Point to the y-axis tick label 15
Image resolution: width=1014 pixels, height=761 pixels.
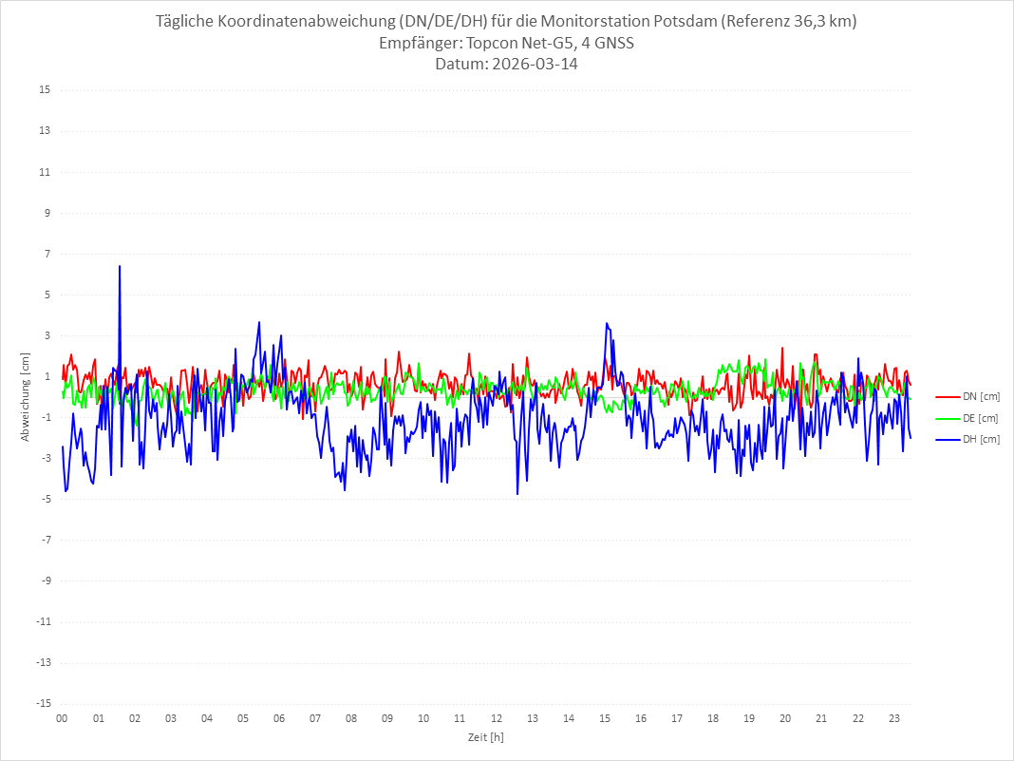(x=45, y=90)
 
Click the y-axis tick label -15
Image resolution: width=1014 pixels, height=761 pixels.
(x=43, y=703)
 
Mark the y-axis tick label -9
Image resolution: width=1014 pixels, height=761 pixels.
(x=45, y=580)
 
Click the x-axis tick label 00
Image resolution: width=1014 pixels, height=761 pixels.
(x=62, y=718)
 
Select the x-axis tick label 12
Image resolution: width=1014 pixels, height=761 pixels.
(x=496, y=718)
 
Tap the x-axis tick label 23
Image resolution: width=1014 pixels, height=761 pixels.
(x=893, y=718)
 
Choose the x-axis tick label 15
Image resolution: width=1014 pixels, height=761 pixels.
(x=605, y=718)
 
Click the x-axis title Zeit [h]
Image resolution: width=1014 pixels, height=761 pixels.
(x=485, y=737)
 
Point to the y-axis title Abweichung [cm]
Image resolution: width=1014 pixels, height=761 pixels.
(x=26, y=396)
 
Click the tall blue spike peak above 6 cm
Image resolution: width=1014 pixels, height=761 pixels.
(x=120, y=267)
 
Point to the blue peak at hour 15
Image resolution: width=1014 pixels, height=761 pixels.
(x=606, y=324)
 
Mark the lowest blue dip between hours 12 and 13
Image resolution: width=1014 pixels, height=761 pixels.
(x=517, y=493)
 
